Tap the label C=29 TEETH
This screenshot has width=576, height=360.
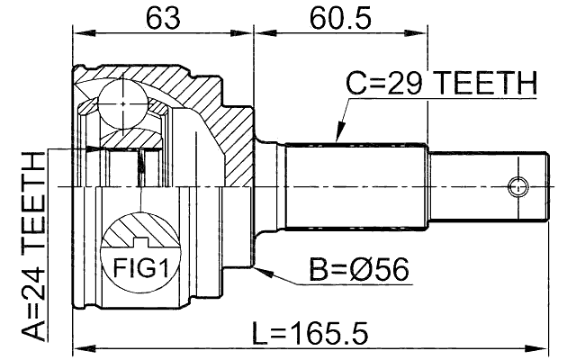click(441, 85)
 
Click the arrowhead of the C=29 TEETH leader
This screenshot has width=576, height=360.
click(337, 139)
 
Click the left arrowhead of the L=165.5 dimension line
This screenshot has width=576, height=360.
click(77, 346)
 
